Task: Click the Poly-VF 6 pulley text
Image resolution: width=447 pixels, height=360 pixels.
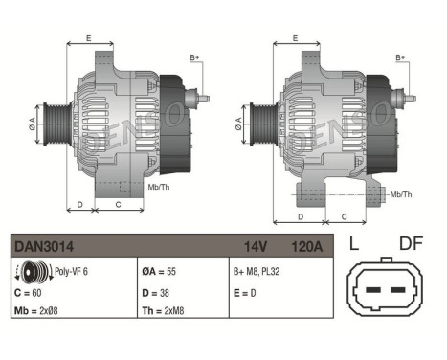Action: pyautogui.click(x=73, y=270)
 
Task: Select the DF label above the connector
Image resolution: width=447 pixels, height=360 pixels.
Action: pyautogui.click(x=410, y=243)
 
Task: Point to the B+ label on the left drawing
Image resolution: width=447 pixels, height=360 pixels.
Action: pyautogui.click(x=195, y=58)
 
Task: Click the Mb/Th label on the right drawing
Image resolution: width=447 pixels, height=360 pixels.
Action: pyautogui.click(x=401, y=194)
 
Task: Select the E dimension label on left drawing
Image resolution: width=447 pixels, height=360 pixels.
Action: pyautogui.click(x=88, y=37)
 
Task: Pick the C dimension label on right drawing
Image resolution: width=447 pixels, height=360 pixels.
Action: pyautogui.click(x=344, y=218)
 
